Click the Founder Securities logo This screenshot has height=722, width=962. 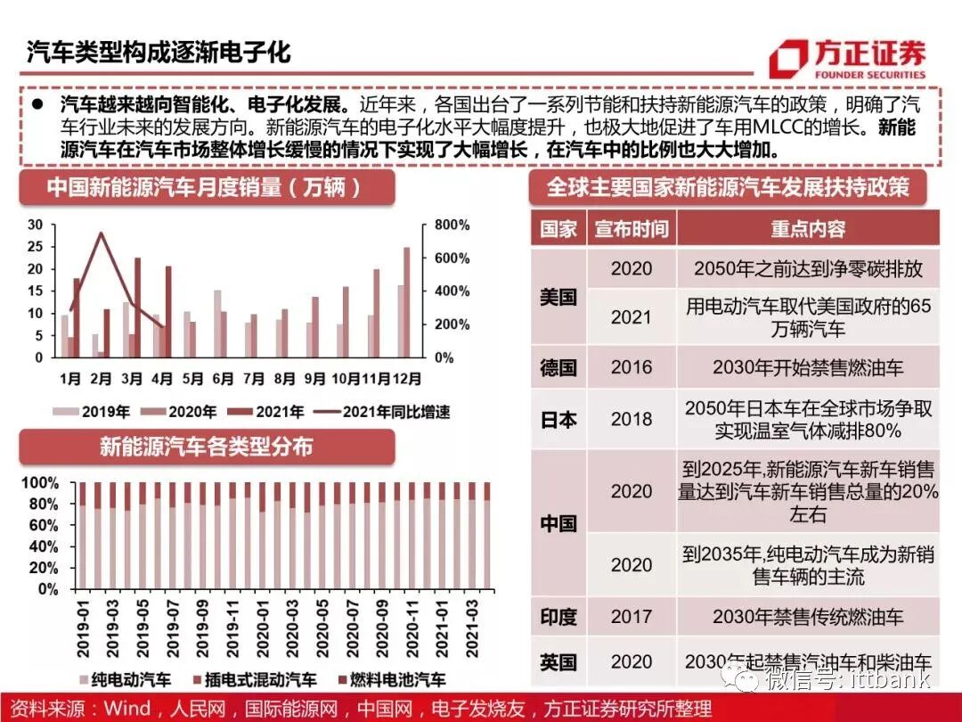tap(846, 58)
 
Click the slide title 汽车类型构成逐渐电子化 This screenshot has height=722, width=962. tap(159, 51)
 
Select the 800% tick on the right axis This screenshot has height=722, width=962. tap(452, 225)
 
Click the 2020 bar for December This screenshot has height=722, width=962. tap(407, 303)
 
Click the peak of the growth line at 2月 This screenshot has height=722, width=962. tap(102, 234)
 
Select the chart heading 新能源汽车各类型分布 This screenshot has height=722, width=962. tap(206, 446)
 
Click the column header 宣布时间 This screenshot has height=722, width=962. tap(632, 229)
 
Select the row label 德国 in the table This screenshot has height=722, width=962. tap(558, 366)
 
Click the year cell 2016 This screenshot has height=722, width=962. tap(632, 366)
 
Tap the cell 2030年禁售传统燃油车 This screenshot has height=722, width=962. tap(807, 616)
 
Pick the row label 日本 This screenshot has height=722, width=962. tap(558, 419)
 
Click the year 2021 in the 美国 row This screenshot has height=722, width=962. tap(632, 317)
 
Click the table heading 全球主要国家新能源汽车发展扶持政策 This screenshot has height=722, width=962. tap(727, 187)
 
